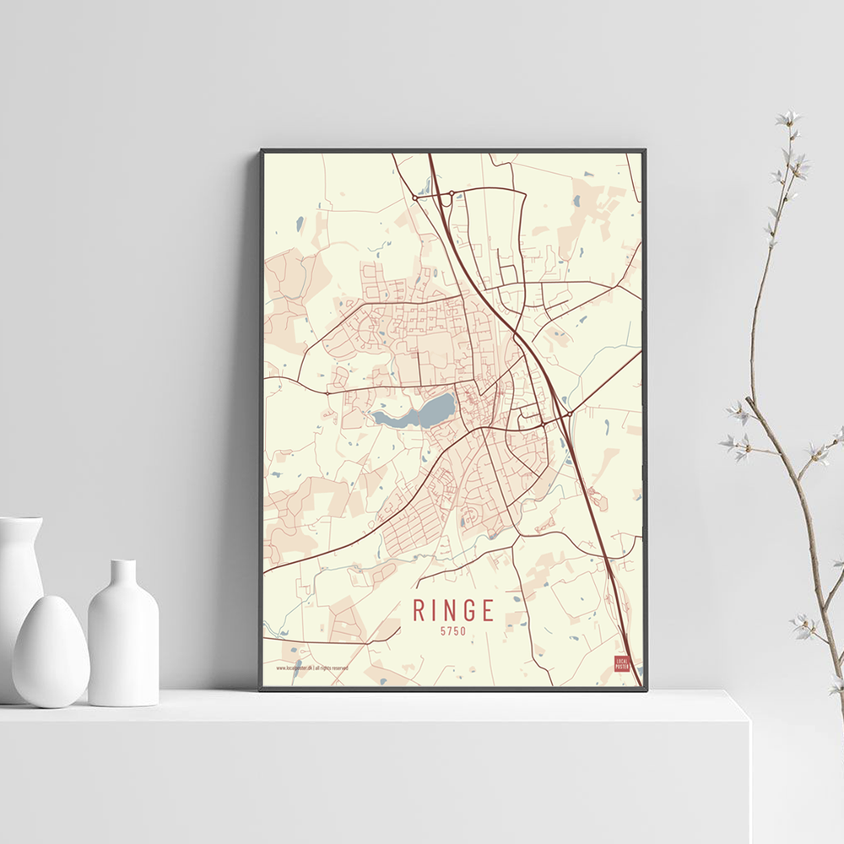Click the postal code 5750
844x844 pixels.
pos(452,630)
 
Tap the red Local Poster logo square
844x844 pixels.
pos(622,663)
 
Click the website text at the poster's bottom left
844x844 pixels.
pos(312,668)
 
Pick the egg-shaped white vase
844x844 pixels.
pos(51,651)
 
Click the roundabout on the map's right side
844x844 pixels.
pos(570,414)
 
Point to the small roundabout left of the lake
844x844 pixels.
pos(327,393)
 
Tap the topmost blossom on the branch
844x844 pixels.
pos(788,119)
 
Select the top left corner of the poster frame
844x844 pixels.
pos(262,151)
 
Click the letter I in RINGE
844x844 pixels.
pos(432,609)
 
